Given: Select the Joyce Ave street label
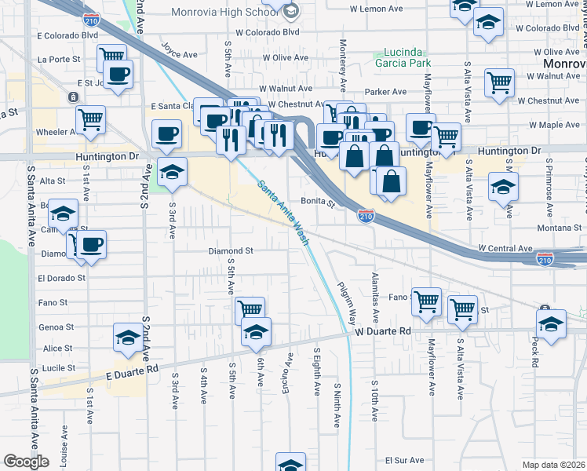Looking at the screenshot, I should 180,55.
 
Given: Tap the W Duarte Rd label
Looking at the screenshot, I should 382,332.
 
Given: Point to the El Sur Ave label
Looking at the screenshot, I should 404,461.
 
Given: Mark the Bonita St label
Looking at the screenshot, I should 320,202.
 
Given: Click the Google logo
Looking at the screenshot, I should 25,462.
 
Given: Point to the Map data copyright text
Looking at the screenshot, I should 553,465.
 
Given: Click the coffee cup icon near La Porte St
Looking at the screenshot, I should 118,75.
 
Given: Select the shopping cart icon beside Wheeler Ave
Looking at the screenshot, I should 92,119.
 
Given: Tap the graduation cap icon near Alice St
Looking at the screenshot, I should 128,337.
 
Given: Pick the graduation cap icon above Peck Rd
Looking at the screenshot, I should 551,323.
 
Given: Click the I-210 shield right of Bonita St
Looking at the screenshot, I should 366,215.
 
